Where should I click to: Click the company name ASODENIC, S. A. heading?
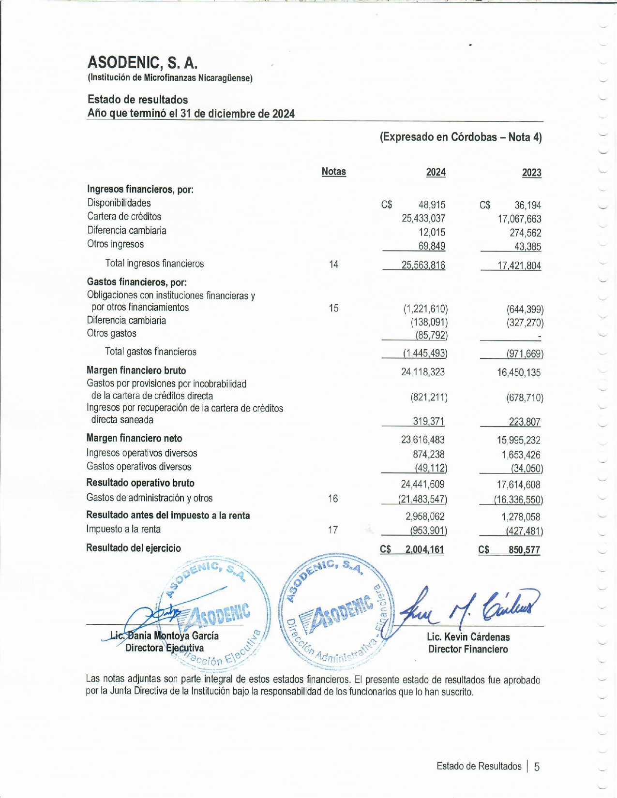pyautogui.click(x=142, y=62)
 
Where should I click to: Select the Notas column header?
pyautogui.click(x=333, y=172)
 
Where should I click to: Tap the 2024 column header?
pyautogui.click(x=436, y=172)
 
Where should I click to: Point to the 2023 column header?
pyautogui.click(x=531, y=173)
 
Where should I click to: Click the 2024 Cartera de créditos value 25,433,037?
pyautogui.click(x=423, y=219)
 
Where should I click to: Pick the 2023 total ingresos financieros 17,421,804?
pyautogui.click(x=519, y=266)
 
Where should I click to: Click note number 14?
pyautogui.click(x=333, y=264)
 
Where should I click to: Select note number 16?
pyautogui.click(x=333, y=499)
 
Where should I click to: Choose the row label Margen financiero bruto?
pyautogui.click(x=136, y=370)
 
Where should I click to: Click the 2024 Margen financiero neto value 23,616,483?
pyautogui.click(x=422, y=440)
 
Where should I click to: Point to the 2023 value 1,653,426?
pyautogui.click(x=521, y=455)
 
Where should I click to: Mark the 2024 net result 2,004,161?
pyautogui.click(x=424, y=549)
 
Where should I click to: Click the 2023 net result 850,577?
pyautogui.click(x=524, y=550)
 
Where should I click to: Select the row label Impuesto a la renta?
pyautogui.click(x=123, y=529)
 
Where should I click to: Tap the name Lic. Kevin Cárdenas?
pyautogui.click(x=468, y=637)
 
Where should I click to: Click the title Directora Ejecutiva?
pyautogui.click(x=164, y=648)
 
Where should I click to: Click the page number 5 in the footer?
pyautogui.click(x=536, y=767)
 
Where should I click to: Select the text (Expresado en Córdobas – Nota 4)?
pyautogui.click(x=460, y=137)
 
